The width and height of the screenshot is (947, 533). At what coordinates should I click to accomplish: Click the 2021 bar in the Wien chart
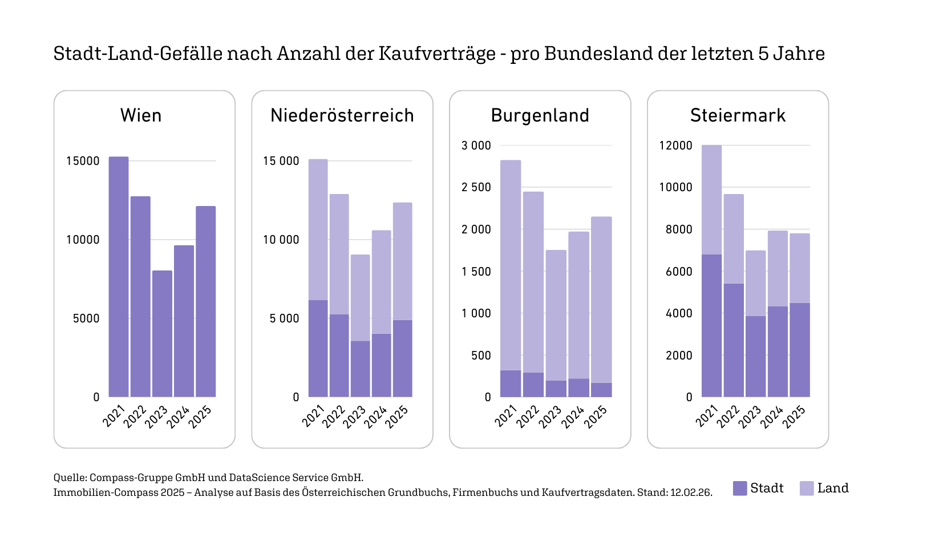119,277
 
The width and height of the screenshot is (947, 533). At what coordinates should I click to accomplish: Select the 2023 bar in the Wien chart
162,334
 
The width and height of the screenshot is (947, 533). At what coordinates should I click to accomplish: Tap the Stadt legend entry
758,488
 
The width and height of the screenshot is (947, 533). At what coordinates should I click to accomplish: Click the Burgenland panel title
540,115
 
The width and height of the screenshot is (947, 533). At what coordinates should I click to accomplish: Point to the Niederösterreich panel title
342,115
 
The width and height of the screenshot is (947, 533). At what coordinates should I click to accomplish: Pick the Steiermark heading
738,115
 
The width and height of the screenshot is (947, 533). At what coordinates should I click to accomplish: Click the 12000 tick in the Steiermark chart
675,146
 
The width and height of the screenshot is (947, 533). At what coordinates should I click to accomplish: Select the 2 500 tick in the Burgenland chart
476,187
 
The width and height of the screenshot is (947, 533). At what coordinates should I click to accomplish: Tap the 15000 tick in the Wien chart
83,161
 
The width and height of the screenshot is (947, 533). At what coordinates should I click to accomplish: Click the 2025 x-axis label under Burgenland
596,417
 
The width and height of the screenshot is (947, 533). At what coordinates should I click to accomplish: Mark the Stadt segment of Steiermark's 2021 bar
711,325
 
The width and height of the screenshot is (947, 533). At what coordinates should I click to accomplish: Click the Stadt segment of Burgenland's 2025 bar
601,390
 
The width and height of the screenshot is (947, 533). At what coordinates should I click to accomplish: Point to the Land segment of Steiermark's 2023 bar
755,283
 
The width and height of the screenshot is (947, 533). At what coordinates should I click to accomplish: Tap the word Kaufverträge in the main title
437,53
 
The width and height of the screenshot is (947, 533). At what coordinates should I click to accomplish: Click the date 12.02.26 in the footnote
691,492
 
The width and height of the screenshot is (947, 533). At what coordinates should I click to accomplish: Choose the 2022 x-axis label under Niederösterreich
334,417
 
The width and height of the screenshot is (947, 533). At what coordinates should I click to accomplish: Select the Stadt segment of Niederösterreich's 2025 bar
402,358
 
